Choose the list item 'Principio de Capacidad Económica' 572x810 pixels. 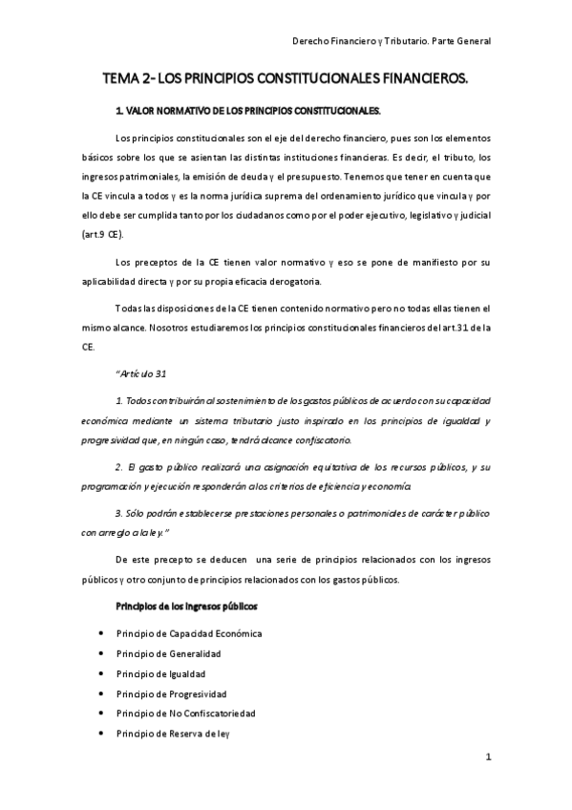(x=189, y=633)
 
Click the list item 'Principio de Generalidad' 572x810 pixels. (x=168, y=653)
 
